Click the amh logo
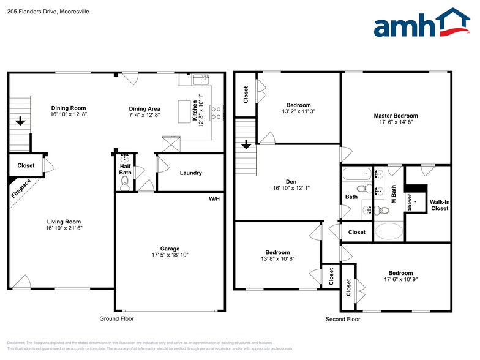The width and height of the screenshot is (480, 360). pos(422,24)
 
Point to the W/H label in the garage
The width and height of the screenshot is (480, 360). pos(214,199)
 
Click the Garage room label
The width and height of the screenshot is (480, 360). pos(170,249)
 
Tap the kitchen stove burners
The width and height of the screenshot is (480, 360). pos(216,111)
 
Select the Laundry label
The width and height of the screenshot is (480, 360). pos(190,173)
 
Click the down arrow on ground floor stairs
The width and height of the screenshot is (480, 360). pos(20,121)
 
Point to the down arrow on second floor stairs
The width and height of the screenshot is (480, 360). pos(246,144)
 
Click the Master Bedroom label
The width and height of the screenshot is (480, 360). pos(396,116)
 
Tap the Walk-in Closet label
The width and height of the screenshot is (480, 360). pos(439,204)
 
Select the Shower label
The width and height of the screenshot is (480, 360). pos(410,203)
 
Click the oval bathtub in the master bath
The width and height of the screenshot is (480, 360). pos(388,231)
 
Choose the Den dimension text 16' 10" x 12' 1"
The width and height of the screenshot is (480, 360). pos(287,188)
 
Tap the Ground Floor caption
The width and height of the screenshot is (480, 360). pos(116,318)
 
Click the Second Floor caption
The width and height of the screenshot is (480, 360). pos(342,319)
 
